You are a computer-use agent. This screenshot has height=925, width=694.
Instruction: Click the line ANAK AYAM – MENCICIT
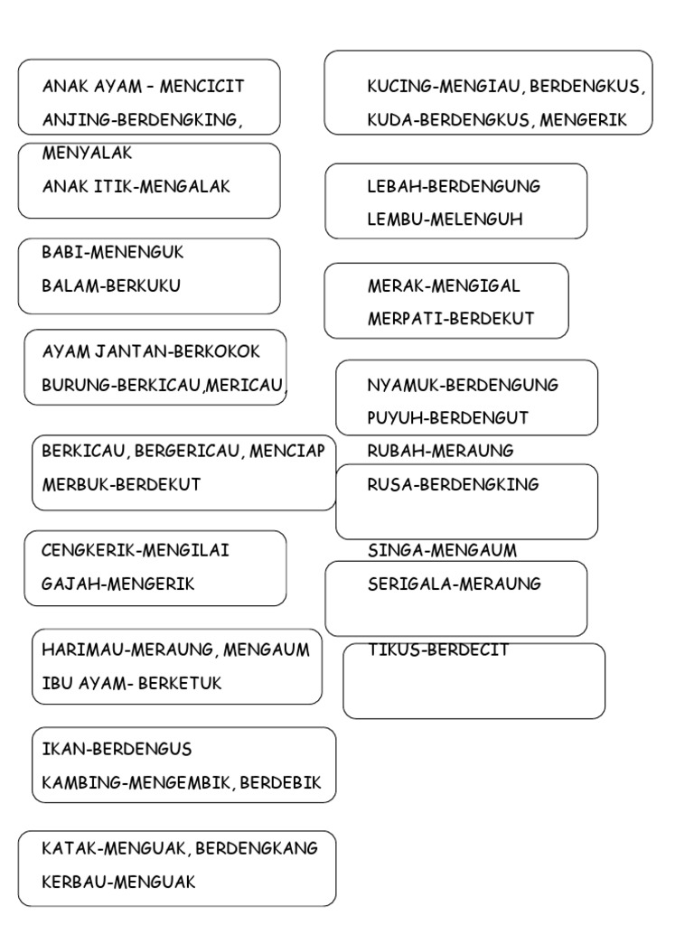(143, 87)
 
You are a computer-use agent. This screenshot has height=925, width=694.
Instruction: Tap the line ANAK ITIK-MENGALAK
(136, 186)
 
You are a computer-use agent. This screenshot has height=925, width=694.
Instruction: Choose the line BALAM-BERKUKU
(111, 285)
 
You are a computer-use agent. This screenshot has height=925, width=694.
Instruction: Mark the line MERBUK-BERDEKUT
(121, 484)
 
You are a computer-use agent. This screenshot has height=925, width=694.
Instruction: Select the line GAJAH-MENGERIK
(117, 584)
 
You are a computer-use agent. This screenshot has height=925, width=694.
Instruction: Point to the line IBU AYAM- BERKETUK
(132, 683)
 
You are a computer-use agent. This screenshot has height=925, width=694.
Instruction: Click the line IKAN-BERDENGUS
(117, 749)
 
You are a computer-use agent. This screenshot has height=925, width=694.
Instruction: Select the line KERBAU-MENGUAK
(118, 882)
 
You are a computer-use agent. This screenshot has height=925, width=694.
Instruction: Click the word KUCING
(399, 87)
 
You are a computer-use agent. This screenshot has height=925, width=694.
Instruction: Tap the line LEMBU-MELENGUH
(445, 219)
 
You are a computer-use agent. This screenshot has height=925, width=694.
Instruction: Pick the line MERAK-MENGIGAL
(444, 285)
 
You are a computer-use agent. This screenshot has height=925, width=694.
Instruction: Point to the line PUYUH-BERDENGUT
(447, 417)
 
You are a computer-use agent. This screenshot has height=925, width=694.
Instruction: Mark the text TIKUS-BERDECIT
(438, 649)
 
